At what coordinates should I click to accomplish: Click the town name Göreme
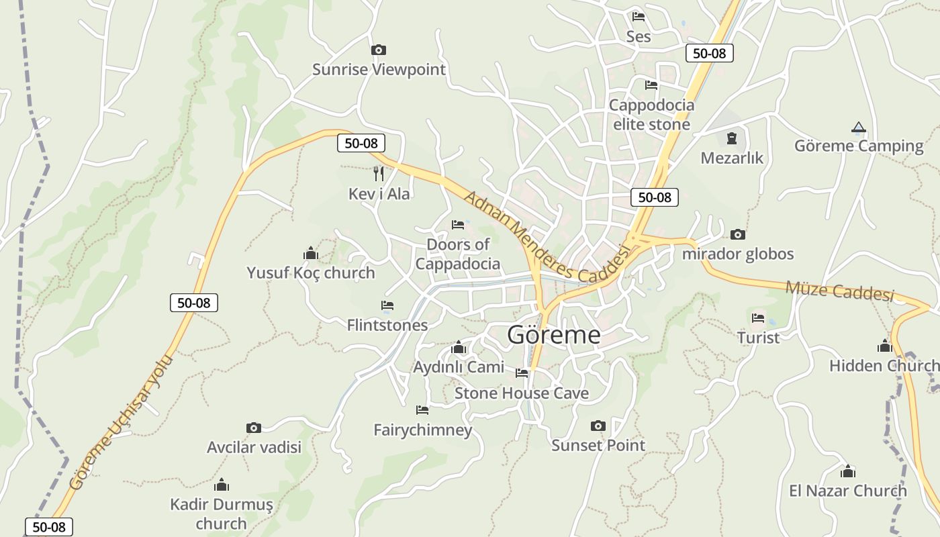tap(553, 334)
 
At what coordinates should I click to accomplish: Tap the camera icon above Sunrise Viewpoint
tap(379, 50)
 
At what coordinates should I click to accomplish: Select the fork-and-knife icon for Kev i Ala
tap(379, 174)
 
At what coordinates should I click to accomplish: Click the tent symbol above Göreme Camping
tap(858, 127)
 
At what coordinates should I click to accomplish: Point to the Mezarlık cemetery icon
tap(732, 138)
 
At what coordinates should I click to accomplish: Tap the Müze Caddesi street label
tap(839, 290)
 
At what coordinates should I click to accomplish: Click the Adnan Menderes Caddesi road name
tap(548, 236)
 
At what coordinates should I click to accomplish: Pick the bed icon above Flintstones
tap(387, 306)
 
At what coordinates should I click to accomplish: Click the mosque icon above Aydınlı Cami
tap(459, 348)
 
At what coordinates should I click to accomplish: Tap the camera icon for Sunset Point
tap(598, 426)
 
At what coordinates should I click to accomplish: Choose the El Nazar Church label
tap(847, 491)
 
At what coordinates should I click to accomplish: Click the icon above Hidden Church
tap(884, 346)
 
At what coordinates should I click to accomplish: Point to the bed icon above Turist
tap(758, 318)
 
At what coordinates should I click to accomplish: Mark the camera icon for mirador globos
tap(738, 235)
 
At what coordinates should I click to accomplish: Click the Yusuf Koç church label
tap(311, 273)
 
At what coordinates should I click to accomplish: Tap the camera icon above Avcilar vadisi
tap(253, 428)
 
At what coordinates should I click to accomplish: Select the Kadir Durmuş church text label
tap(222, 514)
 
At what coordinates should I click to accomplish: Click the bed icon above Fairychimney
tap(422, 409)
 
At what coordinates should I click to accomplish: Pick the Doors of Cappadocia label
tap(458, 254)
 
